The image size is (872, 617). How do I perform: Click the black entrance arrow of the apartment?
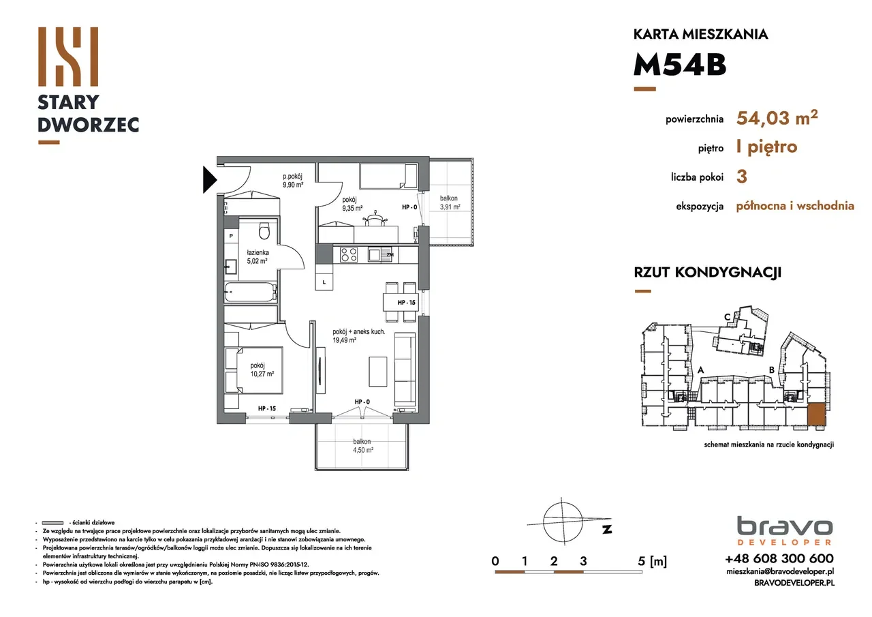click(209, 179)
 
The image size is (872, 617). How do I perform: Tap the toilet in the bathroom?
click(264, 230)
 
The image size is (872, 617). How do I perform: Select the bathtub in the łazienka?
click(251, 292)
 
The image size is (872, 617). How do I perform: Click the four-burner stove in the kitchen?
click(349, 255)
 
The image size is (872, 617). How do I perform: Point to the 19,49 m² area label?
click(345, 340)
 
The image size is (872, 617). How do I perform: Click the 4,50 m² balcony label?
click(363, 450)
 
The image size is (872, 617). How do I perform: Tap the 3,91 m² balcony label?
click(450, 207)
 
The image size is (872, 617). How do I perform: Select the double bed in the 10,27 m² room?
click(254, 370)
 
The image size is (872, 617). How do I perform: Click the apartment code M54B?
click(680, 65)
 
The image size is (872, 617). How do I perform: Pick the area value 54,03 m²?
click(777, 117)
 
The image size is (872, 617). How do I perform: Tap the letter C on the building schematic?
click(727, 318)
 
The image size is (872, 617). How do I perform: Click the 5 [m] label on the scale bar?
click(653, 561)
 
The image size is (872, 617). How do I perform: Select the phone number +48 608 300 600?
click(779, 558)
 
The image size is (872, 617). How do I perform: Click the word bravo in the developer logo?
click(785, 526)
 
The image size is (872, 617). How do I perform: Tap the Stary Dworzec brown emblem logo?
click(68, 57)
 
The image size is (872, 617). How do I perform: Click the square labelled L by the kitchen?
click(324, 282)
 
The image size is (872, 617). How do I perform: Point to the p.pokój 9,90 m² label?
click(293, 181)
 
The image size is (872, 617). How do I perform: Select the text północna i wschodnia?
click(795, 206)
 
